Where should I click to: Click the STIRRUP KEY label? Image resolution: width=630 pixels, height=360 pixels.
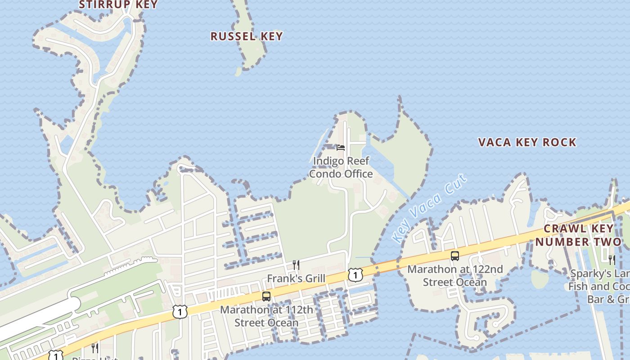tap(118, 5)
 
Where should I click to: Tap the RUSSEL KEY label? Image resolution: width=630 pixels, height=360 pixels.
tap(247, 36)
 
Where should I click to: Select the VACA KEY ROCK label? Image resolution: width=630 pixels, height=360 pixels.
tap(527, 143)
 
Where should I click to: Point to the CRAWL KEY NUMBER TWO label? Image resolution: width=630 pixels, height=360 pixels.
tap(578, 235)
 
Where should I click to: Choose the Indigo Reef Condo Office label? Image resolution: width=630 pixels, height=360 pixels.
tap(341, 167)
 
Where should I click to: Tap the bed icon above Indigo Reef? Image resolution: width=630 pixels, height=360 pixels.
tap(341, 148)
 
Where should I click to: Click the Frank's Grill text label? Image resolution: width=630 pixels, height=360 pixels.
tap(296, 279)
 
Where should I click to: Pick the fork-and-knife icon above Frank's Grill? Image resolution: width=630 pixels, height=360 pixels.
tap(296, 265)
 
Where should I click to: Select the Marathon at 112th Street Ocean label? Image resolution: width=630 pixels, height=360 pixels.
tap(266, 316)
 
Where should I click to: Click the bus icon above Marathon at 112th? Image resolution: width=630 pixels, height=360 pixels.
tap(266, 297)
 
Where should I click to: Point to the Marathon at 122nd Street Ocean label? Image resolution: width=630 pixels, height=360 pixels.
tap(455, 276)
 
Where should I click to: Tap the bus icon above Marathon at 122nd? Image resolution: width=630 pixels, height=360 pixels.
tap(455, 256)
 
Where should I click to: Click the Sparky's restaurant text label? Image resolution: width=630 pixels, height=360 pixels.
tap(598, 287)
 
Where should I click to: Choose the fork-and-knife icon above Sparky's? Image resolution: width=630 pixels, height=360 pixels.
tap(612, 260)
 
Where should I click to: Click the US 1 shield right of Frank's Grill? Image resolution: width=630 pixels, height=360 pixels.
tap(355, 274)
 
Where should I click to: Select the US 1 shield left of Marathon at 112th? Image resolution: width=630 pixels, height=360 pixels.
tap(180, 311)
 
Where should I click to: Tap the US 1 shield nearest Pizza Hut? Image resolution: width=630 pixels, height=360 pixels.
tap(55, 355)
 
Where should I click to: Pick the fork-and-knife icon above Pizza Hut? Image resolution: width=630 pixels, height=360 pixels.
tap(94, 347)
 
